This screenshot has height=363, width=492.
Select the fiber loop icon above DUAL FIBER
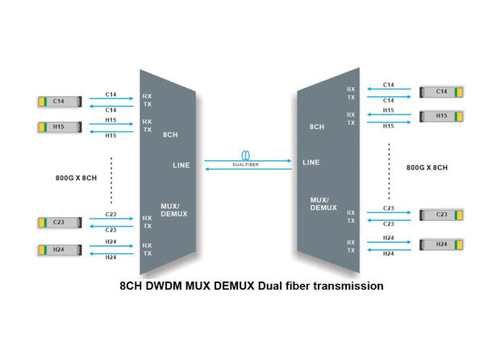point(245,154)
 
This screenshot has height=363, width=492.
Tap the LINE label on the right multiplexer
point(311,162)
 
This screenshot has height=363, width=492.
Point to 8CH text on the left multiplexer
point(171,136)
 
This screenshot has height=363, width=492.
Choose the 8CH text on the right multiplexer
point(316,127)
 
